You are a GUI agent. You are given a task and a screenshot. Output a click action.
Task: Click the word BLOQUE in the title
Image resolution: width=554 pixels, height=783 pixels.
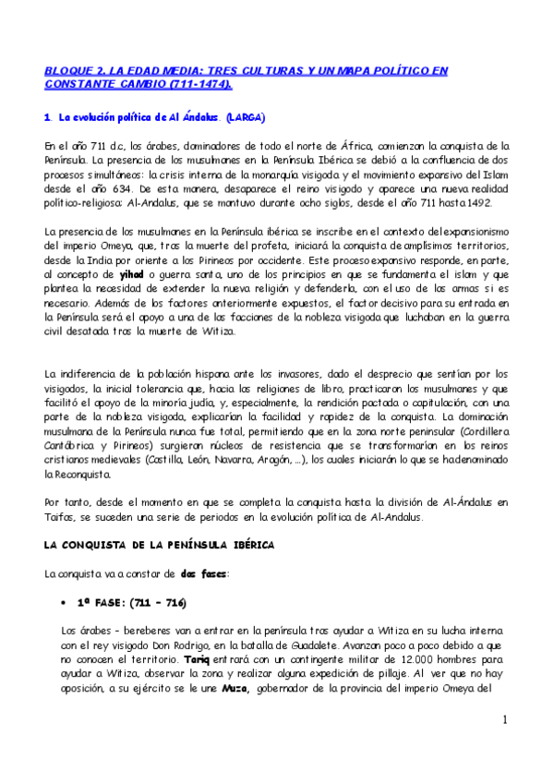click(x=71, y=69)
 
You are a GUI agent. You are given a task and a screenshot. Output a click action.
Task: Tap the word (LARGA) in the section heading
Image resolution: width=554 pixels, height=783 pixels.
click(x=244, y=118)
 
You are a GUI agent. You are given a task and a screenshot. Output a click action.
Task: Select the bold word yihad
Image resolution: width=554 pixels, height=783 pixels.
click(x=133, y=275)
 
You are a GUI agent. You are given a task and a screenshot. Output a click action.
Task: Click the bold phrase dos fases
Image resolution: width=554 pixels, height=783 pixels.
click(x=195, y=573)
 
